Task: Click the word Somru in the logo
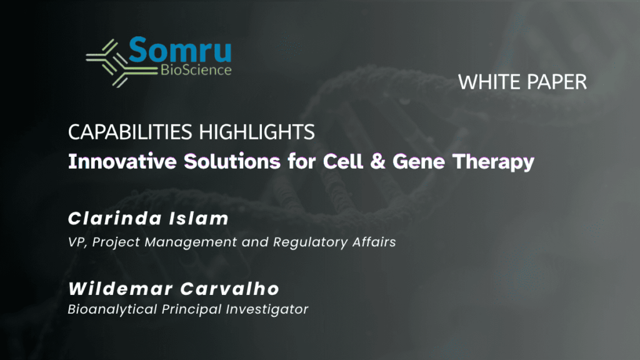coord(181,50)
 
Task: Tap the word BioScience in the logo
coord(196,70)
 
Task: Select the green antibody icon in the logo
coord(121,63)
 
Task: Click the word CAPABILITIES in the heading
coord(130,132)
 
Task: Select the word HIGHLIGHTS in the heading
coord(257,132)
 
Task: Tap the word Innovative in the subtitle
coord(122,161)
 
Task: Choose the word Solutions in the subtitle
coord(232,161)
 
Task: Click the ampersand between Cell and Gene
coord(377,161)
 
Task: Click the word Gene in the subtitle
coord(418,162)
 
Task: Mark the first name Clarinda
coord(116,218)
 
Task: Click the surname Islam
coord(199,218)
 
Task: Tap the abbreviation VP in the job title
coord(77,242)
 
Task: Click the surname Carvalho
coord(229,289)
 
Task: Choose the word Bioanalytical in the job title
coord(112,309)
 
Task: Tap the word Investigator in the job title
coord(267,310)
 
